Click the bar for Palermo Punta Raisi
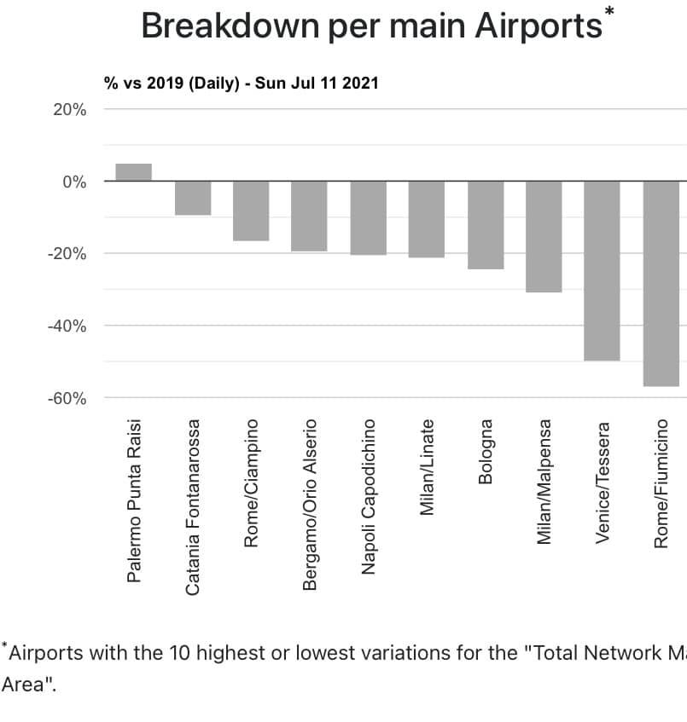click(133, 172)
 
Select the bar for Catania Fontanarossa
click(193, 198)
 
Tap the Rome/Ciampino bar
click(251, 211)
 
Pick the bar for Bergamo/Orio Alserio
click(309, 216)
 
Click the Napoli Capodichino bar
click(368, 217)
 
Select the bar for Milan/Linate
click(427, 219)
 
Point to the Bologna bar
click(485, 225)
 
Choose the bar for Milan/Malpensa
click(544, 236)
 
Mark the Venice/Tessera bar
click(602, 270)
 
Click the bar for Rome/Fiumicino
click(661, 283)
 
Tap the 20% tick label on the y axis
click(69, 110)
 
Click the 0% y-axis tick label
click(73, 182)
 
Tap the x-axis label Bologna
click(486, 451)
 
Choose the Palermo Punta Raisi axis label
click(134, 500)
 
